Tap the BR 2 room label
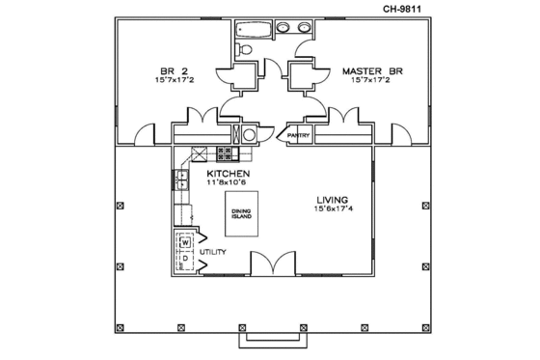174,70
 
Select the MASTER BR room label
367,70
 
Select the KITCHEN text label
229,173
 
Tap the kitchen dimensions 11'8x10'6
229,182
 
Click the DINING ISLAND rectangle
242,214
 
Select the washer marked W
182,241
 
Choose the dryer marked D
182,259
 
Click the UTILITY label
213,252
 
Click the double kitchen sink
181,178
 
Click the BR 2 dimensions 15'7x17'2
174,81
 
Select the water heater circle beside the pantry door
249,135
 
